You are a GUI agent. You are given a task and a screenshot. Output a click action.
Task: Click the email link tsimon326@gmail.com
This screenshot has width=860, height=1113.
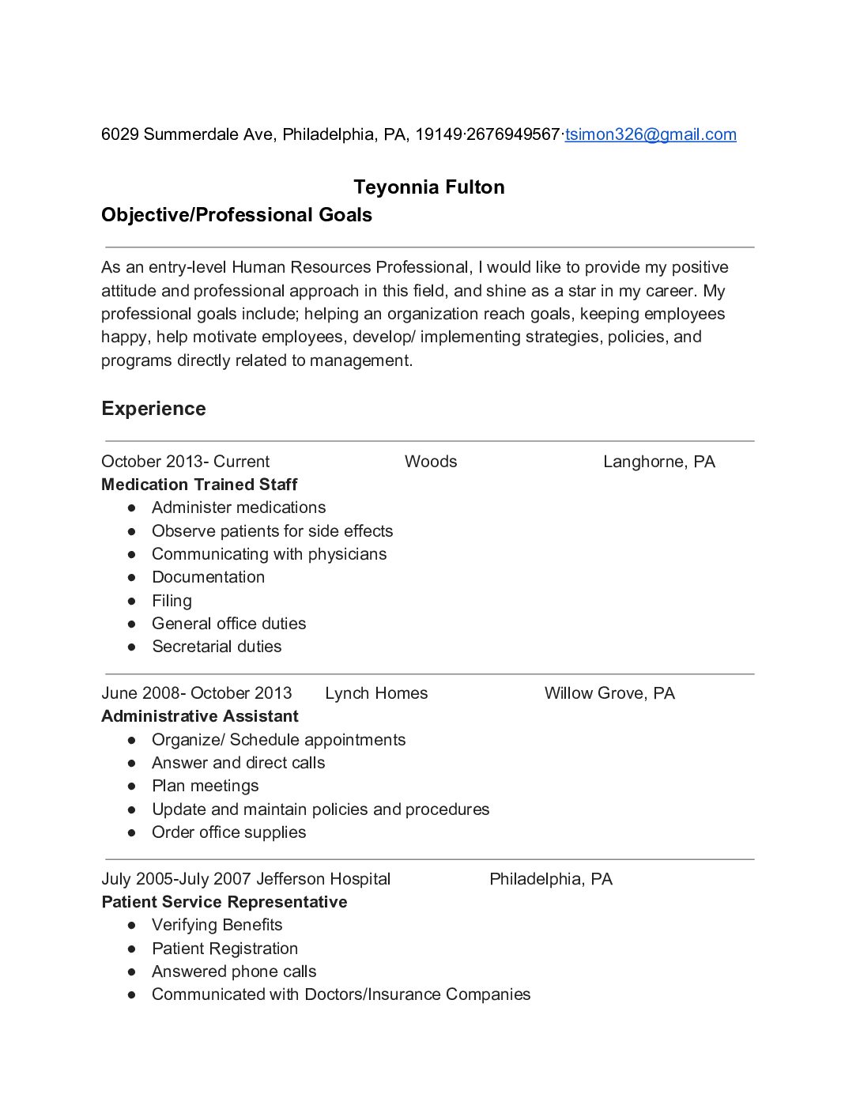651,134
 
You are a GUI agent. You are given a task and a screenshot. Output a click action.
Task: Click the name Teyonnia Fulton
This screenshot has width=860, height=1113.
429,187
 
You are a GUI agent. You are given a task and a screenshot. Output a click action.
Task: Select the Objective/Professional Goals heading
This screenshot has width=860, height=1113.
236,215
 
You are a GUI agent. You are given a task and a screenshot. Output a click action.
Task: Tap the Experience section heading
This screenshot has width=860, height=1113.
153,409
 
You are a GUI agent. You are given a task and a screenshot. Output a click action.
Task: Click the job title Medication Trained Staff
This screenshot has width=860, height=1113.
199,485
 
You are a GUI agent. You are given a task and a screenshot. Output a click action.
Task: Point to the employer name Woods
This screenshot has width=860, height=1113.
431,462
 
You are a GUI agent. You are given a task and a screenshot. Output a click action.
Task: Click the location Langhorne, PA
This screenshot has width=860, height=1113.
658,462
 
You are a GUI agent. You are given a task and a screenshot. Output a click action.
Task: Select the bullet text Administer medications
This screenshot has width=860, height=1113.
239,507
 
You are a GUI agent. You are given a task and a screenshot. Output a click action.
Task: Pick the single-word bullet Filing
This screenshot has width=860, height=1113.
172,601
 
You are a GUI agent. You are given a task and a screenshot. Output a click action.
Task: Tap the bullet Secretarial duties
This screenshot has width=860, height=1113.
217,647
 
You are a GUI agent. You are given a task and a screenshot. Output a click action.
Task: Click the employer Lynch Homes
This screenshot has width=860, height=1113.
376,693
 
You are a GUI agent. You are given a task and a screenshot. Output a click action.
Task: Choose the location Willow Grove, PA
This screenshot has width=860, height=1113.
609,693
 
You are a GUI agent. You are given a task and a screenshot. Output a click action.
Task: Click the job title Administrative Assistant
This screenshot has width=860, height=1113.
200,716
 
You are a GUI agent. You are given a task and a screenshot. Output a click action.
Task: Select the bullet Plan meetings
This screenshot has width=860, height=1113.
206,786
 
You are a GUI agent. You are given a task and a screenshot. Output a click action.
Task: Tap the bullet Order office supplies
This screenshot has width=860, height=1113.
228,832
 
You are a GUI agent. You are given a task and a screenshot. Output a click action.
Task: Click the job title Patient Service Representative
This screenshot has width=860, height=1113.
224,902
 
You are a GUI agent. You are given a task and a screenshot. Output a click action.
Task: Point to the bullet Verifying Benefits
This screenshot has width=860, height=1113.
217,925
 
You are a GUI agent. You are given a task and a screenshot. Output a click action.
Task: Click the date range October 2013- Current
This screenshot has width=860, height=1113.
185,462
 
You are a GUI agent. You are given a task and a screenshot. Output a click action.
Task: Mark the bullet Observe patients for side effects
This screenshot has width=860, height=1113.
272,531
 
